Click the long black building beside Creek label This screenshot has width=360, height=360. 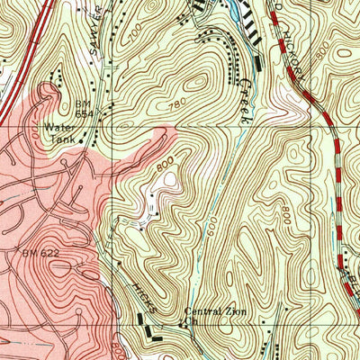259,63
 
